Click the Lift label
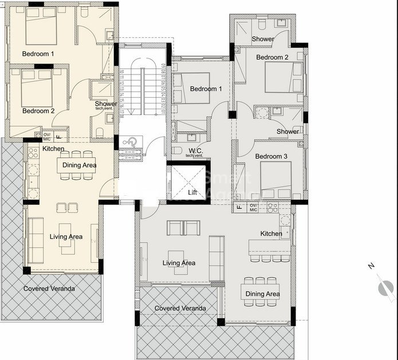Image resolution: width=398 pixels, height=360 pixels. (x=192, y=192)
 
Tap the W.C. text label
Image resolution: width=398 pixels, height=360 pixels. (x=195, y=151)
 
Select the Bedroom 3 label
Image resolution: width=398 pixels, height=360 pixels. (x=271, y=156)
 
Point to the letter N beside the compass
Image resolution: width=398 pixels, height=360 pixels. (x=371, y=266)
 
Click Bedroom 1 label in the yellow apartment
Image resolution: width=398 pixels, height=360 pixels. (x=38, y=54)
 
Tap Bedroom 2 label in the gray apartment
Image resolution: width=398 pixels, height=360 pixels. (x=272, y=57)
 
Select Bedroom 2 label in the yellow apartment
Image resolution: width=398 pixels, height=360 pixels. (x=38, y=110)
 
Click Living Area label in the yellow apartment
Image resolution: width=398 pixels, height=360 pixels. (x=66, y=236)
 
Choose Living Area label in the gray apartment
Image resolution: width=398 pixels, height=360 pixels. (x=179, y=263)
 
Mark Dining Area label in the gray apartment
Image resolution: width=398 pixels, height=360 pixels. (x=263, y=294)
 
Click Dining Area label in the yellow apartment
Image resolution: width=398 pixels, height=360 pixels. (x=80, y=165)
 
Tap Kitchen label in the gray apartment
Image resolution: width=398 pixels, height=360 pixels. (x=271, y=234)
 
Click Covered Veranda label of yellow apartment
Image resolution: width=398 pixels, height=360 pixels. (x=49, y=288)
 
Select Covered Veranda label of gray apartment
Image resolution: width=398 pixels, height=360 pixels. (x=180, y=308)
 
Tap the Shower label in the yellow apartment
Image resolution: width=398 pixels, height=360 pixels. (x=106, y=104)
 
